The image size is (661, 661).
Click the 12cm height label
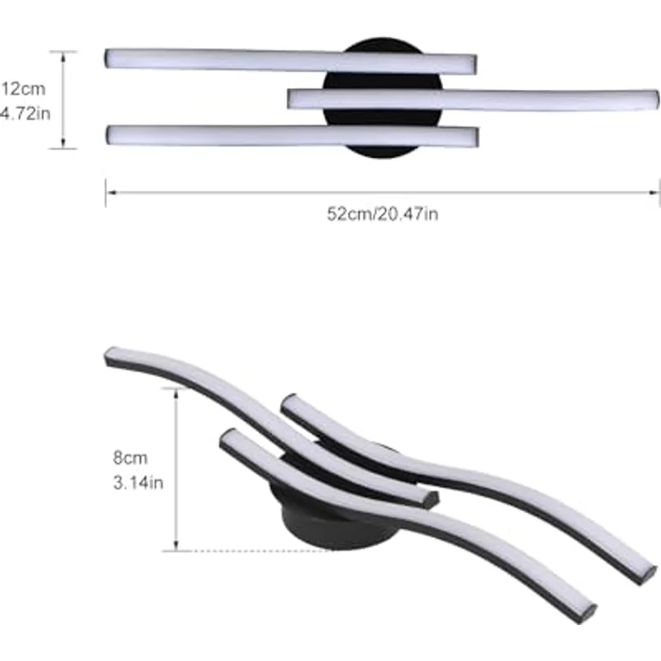tap(23, 89)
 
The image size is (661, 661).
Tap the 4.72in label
tap(25, 113)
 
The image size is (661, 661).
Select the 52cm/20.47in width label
tap(383, 214)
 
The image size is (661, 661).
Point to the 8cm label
tap(130, 458)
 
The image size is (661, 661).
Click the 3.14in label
tap(138, 482)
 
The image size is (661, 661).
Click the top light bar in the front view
tap(291, 61)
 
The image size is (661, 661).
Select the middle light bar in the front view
tap(473, 100)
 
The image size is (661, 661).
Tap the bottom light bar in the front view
tap(292, 136)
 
